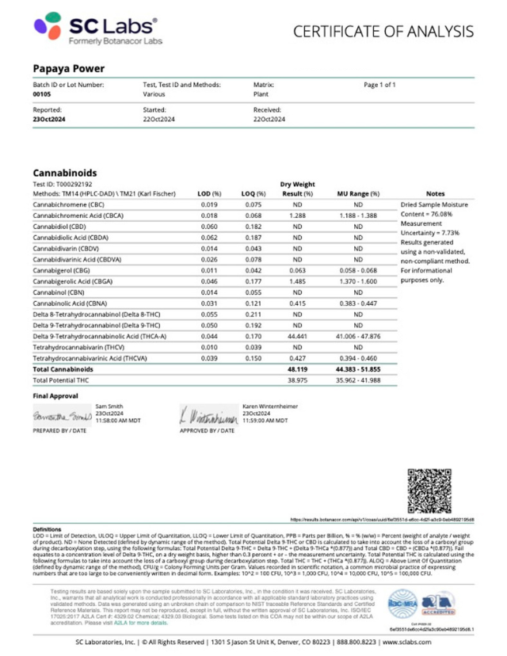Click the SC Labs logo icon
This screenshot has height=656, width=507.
click(49, 29)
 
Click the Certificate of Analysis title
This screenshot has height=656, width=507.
click(383, 32)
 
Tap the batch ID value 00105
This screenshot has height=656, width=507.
click(41, 93)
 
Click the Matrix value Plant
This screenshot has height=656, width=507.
click(261, 93)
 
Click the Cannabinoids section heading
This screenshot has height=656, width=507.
click(64, 172)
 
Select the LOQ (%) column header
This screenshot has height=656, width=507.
click(253, 193)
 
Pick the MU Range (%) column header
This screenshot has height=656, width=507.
click(359, 193)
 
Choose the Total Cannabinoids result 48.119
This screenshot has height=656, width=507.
click(298, 369)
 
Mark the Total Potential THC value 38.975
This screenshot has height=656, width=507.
click(298, 380)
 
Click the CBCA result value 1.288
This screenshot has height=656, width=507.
click(298, 215)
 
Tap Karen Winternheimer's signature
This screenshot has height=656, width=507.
click(208, 416)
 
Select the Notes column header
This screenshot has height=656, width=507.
click(435, 193)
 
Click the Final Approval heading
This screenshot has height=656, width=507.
click(55, 395)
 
